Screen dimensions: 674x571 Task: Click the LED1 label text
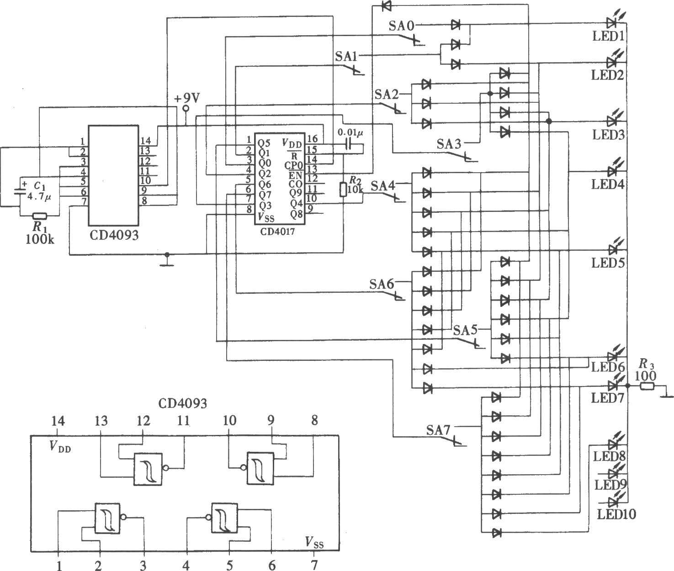point(609,36)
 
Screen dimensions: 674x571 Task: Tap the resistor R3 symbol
point(647,386)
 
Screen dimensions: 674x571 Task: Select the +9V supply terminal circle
point(186,108)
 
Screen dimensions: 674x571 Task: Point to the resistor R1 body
point(40,216)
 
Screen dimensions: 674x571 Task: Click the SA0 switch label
point(401,26)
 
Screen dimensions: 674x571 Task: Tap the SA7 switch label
point(438,430)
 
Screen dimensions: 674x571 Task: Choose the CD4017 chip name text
point(277,232)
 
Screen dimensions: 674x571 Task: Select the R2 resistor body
point(343,190)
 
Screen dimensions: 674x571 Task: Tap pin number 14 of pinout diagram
point(58,421)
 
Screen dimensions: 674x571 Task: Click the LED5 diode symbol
point(613,250)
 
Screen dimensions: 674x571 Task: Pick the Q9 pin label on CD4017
point(296,193)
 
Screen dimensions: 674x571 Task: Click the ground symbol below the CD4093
point(167,262)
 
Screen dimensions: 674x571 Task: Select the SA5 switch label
point(465,330)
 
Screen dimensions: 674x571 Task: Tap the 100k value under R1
point(40,239)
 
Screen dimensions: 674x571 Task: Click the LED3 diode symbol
point(613,121)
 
